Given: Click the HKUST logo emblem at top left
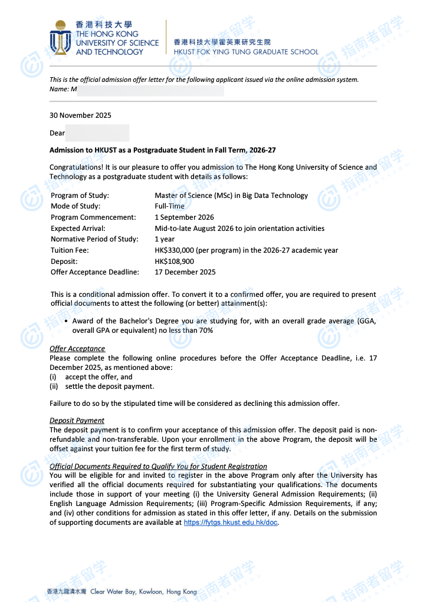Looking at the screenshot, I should pos(60,38).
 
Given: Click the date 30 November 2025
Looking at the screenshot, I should pos(80,115).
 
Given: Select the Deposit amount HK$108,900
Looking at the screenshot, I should pos(175,262).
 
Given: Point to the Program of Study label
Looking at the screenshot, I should pos(80,196).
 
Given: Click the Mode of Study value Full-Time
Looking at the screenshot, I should pos(169,206).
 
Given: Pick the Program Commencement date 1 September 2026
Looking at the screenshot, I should pos(184,217).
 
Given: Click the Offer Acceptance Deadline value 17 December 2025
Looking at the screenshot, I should pos(185,272).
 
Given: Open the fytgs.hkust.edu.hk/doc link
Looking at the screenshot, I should pos(231,522).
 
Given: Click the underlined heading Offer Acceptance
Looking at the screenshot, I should pos(77,349).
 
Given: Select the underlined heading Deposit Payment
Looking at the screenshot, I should pos(77,421).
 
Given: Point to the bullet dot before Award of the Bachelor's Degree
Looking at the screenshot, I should pos(65,321).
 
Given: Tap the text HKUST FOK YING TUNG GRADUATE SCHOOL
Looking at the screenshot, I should pos(246,52).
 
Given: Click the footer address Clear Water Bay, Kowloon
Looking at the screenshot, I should pos(143,591).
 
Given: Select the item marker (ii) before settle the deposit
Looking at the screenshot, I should pos(54,386).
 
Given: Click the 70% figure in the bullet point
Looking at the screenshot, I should pos(206,330).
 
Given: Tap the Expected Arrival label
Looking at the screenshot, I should pos(78,229).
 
